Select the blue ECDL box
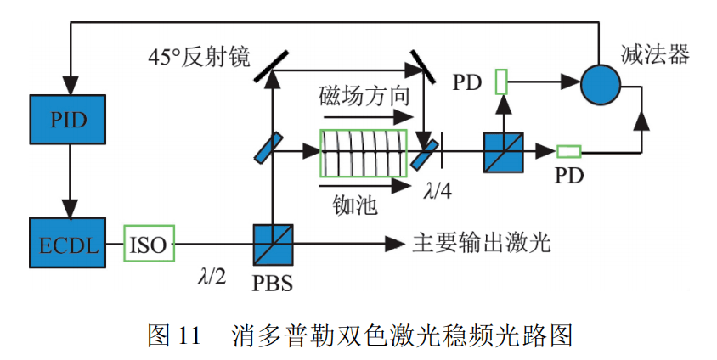coord(70,245)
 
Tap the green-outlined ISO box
coord(150,245)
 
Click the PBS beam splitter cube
coord(273,245)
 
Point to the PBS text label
coord(273,284)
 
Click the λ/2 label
coord(212,277)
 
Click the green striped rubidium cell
coord(364,153)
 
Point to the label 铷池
coord(354,205)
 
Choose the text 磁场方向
coord(364,94)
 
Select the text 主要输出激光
coord(483,244)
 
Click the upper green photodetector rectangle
coord(501,82)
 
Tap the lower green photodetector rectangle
coord(568,152)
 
